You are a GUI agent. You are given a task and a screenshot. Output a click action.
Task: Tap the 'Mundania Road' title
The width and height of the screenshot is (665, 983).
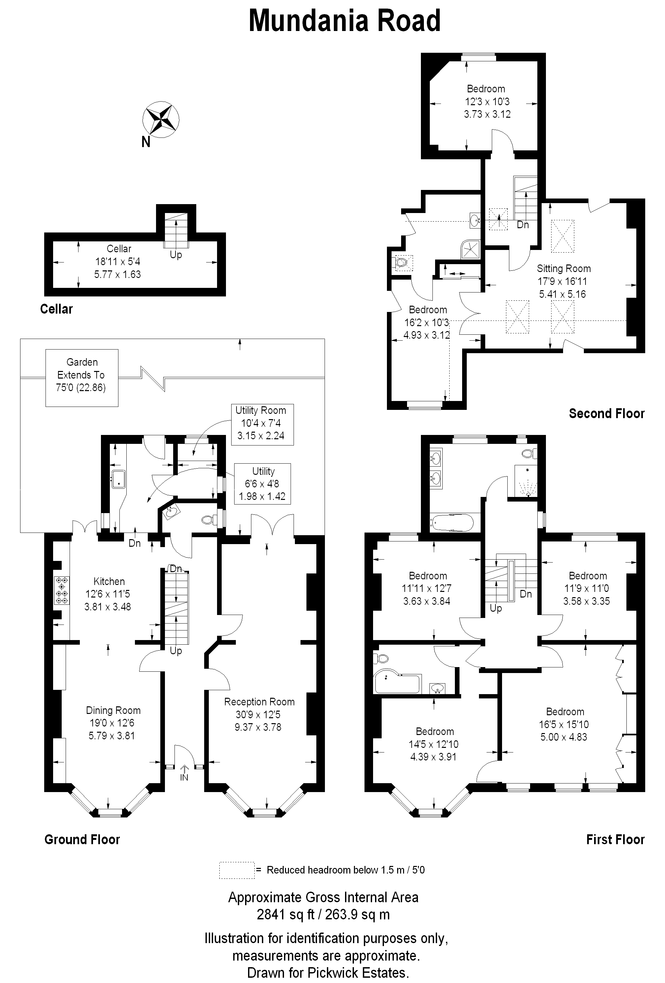[345, 21]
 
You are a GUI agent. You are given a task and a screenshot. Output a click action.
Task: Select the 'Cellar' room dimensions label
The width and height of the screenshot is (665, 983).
[118, 261]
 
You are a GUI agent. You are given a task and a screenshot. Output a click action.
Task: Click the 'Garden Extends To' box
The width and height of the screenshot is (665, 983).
[82, 378]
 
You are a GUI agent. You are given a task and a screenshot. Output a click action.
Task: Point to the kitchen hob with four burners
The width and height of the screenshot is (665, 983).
[62, 590]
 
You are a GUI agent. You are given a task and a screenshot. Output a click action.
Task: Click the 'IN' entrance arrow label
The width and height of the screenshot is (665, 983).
[184, 777]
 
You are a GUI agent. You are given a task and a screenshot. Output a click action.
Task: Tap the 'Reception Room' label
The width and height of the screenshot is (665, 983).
[259, 702]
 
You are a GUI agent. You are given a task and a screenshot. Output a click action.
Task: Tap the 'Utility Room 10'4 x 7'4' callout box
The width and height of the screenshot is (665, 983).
[262, 425]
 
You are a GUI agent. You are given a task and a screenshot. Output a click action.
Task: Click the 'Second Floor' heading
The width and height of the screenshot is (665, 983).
[607, 413]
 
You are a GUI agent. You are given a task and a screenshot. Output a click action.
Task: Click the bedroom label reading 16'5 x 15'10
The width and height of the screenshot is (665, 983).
[564, 724]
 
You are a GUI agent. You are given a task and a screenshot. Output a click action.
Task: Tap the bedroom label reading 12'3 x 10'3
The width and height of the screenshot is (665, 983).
[487, 102]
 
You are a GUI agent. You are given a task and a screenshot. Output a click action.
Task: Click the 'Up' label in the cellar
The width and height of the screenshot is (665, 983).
[176, 255]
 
